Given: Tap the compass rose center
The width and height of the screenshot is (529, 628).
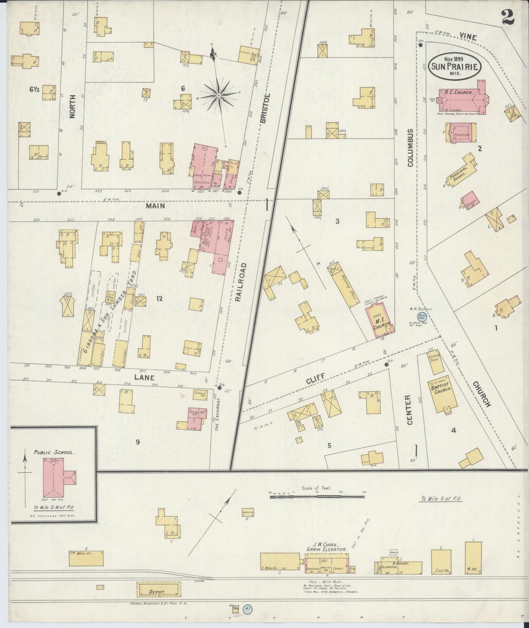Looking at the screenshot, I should pyautogui.click(x=218, y=96).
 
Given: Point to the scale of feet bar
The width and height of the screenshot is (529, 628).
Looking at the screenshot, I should pyautogui.click(x=316, y=497).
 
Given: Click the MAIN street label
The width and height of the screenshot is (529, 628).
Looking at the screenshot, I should pyautogui.click(x=155, y=206).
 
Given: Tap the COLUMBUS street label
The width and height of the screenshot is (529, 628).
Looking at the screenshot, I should pyautogui.click(x=410, y=148).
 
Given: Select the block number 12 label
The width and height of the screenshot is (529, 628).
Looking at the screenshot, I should pyautogui.click(x=159, y=299).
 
